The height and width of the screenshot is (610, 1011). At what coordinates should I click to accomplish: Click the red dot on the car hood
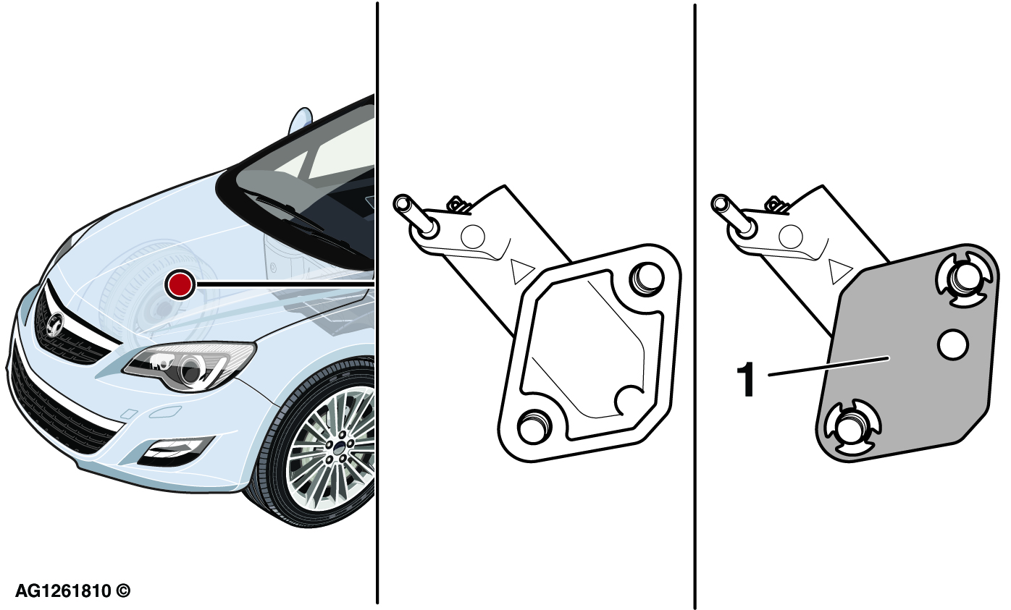180,284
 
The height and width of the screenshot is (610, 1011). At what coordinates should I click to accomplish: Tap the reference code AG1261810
63,590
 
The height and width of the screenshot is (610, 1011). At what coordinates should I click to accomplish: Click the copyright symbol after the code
123,590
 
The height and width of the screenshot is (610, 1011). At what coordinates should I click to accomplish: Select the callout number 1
747,380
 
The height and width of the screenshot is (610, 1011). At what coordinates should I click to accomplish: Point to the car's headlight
189,366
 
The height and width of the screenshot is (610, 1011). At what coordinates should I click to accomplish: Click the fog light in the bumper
175,452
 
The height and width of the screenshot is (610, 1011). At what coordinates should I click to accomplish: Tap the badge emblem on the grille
55,323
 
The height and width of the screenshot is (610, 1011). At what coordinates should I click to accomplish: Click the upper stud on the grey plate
964,281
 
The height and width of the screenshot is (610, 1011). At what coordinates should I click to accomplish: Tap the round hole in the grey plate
952,345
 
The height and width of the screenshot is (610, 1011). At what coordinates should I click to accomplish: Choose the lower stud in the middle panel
534,426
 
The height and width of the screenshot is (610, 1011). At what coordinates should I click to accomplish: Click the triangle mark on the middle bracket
521,271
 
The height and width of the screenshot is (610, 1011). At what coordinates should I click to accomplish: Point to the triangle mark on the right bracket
839,271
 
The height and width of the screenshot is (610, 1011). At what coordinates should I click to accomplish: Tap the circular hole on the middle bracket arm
473,236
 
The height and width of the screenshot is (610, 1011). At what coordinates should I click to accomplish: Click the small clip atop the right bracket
777,204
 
